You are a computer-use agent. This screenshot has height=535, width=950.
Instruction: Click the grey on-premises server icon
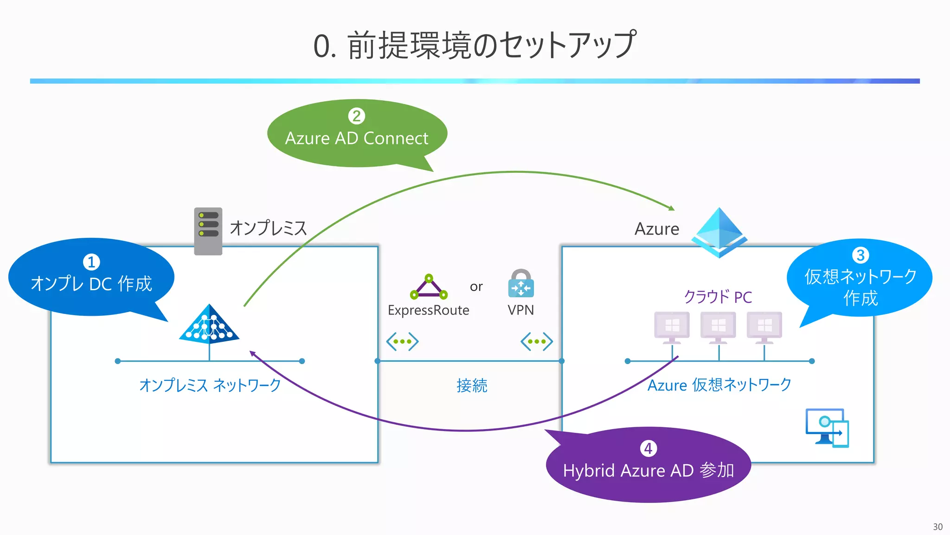pyautogui.click(x=208, y=231)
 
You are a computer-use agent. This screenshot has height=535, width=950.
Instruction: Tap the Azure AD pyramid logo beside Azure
pyautogui.click(x=719, y=232)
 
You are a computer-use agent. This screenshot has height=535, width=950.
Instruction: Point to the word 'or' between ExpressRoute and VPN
pyautogui.click(x=476, y=287)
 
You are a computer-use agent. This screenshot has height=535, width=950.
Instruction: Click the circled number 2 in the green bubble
pyautogui.click(x=356, y=116)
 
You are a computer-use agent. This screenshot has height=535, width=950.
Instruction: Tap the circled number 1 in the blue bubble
pyautogui.click(x=91, y=262)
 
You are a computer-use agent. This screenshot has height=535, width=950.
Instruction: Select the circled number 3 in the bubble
pyautogui.click(x=860, y=255)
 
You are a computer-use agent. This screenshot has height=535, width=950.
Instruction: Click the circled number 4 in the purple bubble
pyautogui.click(x=648, y=448)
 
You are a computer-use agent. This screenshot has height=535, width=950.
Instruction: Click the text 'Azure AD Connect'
pyautogui.click(x=356, y=138)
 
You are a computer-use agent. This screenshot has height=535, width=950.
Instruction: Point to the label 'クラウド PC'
pyautogui.click(x=718, y=297)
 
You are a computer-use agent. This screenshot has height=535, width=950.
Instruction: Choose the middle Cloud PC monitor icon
pyautogui.click(x=718, y=327)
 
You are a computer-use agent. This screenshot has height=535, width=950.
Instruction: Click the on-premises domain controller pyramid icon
pyautogui.click(x=209, y=325)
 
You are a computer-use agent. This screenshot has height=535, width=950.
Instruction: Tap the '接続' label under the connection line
pyautogui.click(x=471, y=385)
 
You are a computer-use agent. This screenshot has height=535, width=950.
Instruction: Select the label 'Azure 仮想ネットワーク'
pyautogui.click(x=719, y=385)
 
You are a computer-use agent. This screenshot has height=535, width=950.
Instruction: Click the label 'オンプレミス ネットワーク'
pyautogui.click(x=210, y=385)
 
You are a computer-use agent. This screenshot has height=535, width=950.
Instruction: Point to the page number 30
pyautogui.click(x=937, y=527)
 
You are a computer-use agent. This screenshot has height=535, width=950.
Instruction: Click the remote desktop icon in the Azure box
pyautogui.click(x=827, y=428)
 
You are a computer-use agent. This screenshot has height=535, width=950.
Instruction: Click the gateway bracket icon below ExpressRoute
pyautogui.click(x=402, y=341)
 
